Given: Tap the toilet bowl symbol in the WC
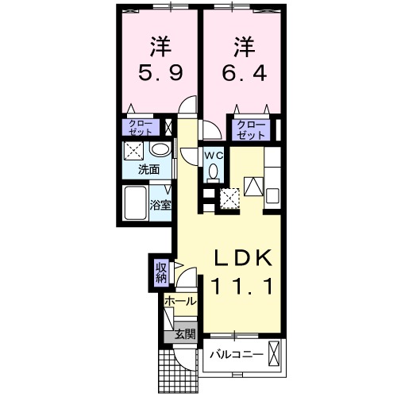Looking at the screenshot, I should point(212,172).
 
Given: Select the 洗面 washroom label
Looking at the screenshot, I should point(149,169).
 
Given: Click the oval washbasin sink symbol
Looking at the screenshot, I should point(160,150).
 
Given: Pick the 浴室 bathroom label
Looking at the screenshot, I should point(160,206).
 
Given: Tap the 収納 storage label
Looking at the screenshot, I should point(161,272).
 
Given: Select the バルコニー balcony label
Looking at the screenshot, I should point(237,354).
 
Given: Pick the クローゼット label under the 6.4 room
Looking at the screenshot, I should point(251,128).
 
